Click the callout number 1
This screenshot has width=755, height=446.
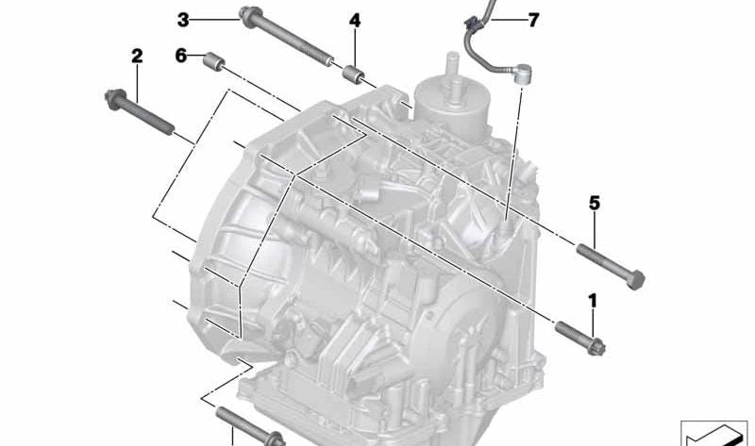593,301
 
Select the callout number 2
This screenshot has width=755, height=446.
137,57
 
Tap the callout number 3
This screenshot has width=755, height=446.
183,20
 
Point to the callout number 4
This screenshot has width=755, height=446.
355,21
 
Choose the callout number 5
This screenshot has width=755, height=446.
595,204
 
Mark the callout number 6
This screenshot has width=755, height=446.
180,56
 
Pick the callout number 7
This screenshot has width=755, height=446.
533,20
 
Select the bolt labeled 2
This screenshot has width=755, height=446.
139,111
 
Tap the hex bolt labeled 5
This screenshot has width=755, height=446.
611,266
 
